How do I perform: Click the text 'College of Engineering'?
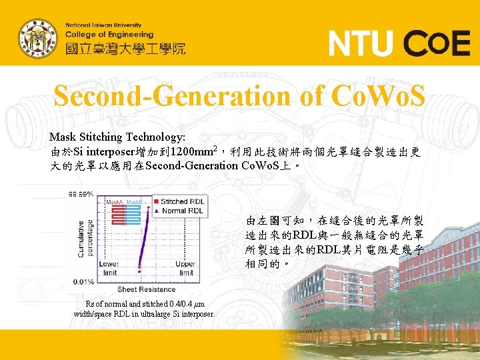(x=109, y=35)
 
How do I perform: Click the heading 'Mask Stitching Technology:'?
(x=117, y=137)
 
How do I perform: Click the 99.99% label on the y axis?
(x=80, y=194)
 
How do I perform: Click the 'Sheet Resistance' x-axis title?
(x=146, y=289)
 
